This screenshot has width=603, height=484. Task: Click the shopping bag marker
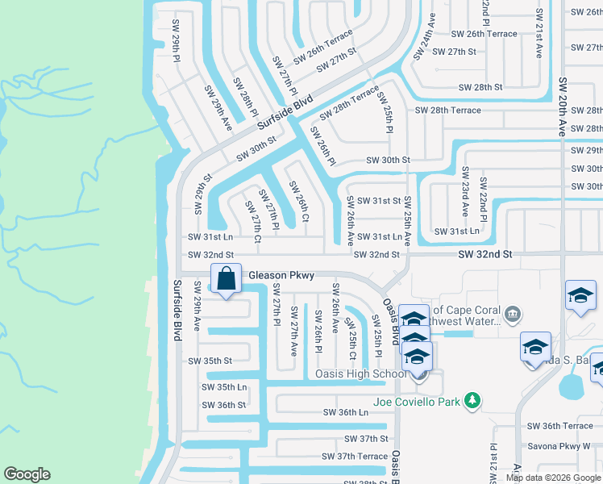(x=227, y=279)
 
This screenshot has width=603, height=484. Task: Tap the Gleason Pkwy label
(x=281, y=276)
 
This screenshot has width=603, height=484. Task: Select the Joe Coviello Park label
(x=417, y=401)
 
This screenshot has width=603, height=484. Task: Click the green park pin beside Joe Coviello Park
(x=472, y=400)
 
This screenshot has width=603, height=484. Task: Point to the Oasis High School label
(x=360, y=373)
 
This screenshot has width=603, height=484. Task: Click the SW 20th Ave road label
(x=561, y=95)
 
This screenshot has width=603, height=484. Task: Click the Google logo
(x=27, y=474)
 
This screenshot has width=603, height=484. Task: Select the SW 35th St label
(x=210, y=361)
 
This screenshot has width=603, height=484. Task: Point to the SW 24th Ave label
(x=425, y=36)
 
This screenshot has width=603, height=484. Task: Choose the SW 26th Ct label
(x=298, y=200)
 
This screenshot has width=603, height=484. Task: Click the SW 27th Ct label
(x=253, y=223)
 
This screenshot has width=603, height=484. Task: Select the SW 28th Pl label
(x=246, y=97)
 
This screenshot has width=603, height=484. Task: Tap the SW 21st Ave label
(x=538, y=34)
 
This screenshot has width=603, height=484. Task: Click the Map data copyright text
(x=553, y=478)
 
